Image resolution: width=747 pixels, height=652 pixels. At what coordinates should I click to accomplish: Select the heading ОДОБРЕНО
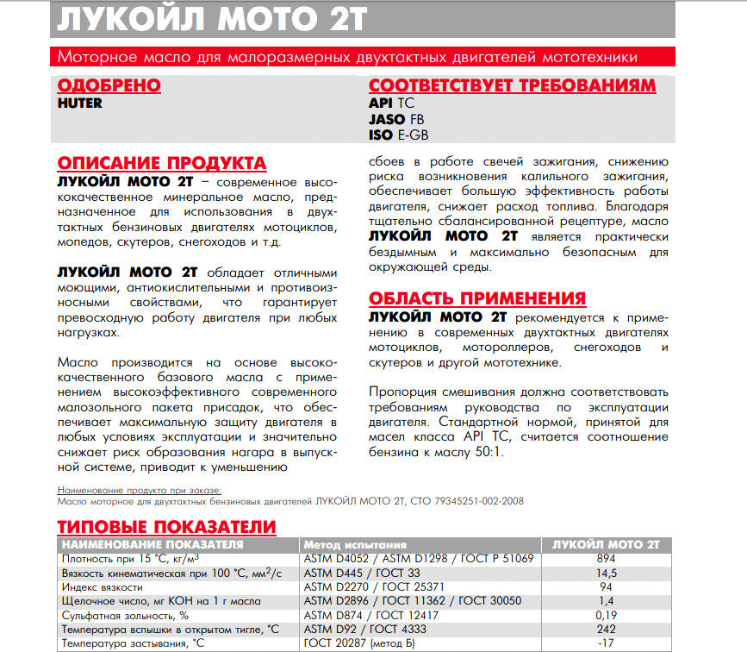109,85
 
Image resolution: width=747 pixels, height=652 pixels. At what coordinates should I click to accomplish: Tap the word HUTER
79,103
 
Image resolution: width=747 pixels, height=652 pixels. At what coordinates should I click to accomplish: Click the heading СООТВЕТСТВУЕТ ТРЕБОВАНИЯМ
512,86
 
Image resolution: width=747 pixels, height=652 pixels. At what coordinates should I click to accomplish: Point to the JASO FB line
395,119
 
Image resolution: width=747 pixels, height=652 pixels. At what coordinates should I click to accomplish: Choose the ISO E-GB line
398,135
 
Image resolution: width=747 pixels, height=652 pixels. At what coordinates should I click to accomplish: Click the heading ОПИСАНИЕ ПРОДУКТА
161,164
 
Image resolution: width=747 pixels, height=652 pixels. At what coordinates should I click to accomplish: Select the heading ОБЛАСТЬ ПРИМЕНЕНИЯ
477,298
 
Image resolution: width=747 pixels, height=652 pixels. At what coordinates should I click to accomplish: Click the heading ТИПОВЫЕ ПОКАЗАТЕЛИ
166,527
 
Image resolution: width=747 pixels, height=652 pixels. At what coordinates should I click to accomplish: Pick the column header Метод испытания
354,544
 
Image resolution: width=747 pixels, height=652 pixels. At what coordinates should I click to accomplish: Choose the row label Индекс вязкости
102,586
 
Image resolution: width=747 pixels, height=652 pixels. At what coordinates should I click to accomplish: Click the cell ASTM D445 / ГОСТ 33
361,573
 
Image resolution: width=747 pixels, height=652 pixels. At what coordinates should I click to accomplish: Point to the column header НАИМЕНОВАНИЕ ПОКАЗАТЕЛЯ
153,544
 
